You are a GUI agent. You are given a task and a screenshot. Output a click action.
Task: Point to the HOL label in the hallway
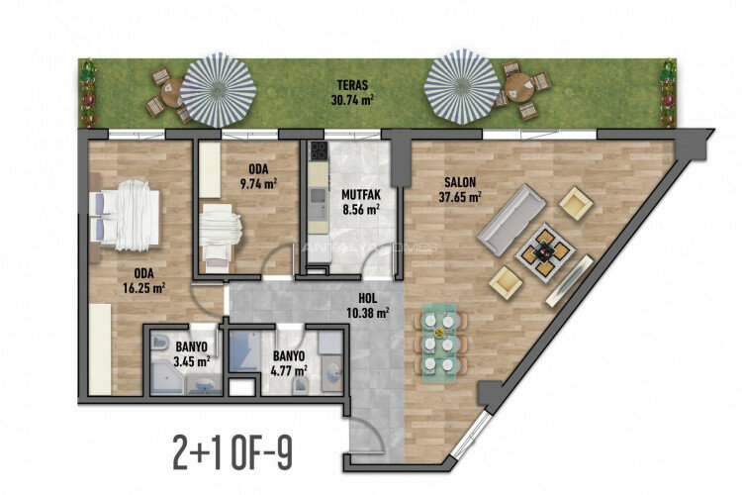(369, 298)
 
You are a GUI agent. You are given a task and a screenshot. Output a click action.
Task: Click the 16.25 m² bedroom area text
(143, 288)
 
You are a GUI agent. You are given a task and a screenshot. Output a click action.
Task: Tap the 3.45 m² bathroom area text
(193, 361)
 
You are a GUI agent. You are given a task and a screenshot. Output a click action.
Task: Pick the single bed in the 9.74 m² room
(219, 237)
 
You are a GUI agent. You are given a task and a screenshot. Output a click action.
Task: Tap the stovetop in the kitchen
(319, 152)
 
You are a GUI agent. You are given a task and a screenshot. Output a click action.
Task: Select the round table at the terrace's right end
(516, 87)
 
